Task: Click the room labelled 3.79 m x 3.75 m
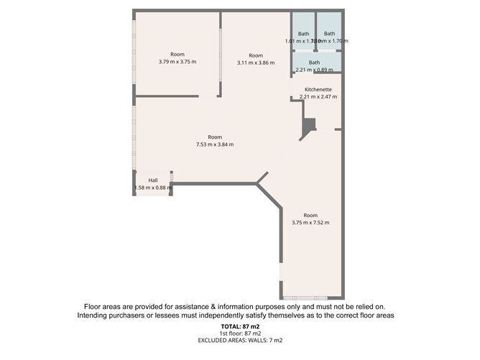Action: (177, 58)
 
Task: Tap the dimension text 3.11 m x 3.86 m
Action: (256, 63)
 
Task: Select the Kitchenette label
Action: (318, 89)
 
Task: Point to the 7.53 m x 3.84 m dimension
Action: (215, 144)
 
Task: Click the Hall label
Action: (153, 180)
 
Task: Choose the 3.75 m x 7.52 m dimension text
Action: (310, 223)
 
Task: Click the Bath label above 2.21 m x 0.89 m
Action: (315, 63)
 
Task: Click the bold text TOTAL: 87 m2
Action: (239, 327)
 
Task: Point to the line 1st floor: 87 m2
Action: (239, 334)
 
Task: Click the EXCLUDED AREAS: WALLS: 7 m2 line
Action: (239, 341)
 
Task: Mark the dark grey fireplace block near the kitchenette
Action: (308, 127)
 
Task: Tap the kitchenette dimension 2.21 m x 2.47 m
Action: (318, 96)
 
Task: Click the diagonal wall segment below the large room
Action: (269, 195)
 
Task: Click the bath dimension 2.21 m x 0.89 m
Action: (315, 70)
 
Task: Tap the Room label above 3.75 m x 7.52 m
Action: (310, 216)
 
